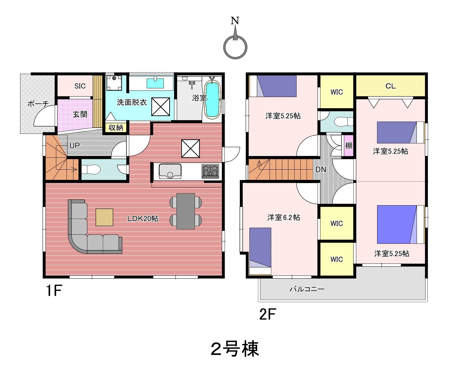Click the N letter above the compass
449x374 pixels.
235,21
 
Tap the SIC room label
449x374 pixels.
80,86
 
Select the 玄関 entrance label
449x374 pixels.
80,114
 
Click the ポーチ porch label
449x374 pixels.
38,104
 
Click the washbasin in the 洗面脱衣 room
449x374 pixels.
155,83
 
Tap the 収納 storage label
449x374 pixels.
116,128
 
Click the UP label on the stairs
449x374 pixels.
75,146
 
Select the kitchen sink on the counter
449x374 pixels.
170,171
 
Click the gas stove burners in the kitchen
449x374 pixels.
210,171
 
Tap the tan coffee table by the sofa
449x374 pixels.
104,217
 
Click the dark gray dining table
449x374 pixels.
186,211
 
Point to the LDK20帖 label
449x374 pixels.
143,219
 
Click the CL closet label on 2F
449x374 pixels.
390,86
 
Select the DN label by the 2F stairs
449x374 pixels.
321,170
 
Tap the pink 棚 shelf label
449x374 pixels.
348,146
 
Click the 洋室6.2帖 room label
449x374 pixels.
284,217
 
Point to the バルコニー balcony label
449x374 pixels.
307,289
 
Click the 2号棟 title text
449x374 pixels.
235,349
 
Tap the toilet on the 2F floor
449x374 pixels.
344,122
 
